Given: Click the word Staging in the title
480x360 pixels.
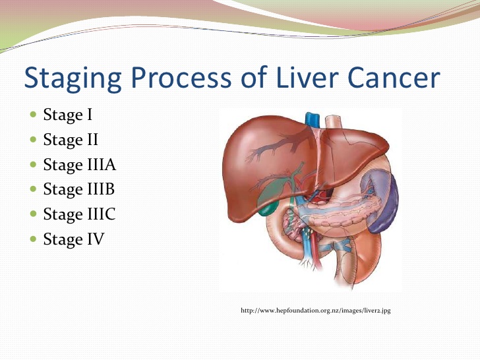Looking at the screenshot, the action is point(73,78).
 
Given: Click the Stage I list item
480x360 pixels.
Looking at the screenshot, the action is point(68,115).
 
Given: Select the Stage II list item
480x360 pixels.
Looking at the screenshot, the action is point(71,140).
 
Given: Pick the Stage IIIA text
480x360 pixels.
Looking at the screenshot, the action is point(80,165).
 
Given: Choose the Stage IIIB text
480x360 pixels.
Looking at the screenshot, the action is point(79,189).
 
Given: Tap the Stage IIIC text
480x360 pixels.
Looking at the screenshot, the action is point(79,214).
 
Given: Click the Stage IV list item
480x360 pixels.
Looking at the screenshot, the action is point(74,239).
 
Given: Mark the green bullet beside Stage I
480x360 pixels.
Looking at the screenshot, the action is point(34,115).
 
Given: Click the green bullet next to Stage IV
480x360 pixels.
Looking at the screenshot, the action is point(34,239).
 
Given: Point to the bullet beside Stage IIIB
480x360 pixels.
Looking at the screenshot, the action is point(34,189).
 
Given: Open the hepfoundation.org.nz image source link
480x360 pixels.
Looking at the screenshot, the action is point(316,311).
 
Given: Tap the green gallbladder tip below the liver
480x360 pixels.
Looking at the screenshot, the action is point(267,208).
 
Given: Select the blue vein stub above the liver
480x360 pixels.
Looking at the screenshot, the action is point(313,120).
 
